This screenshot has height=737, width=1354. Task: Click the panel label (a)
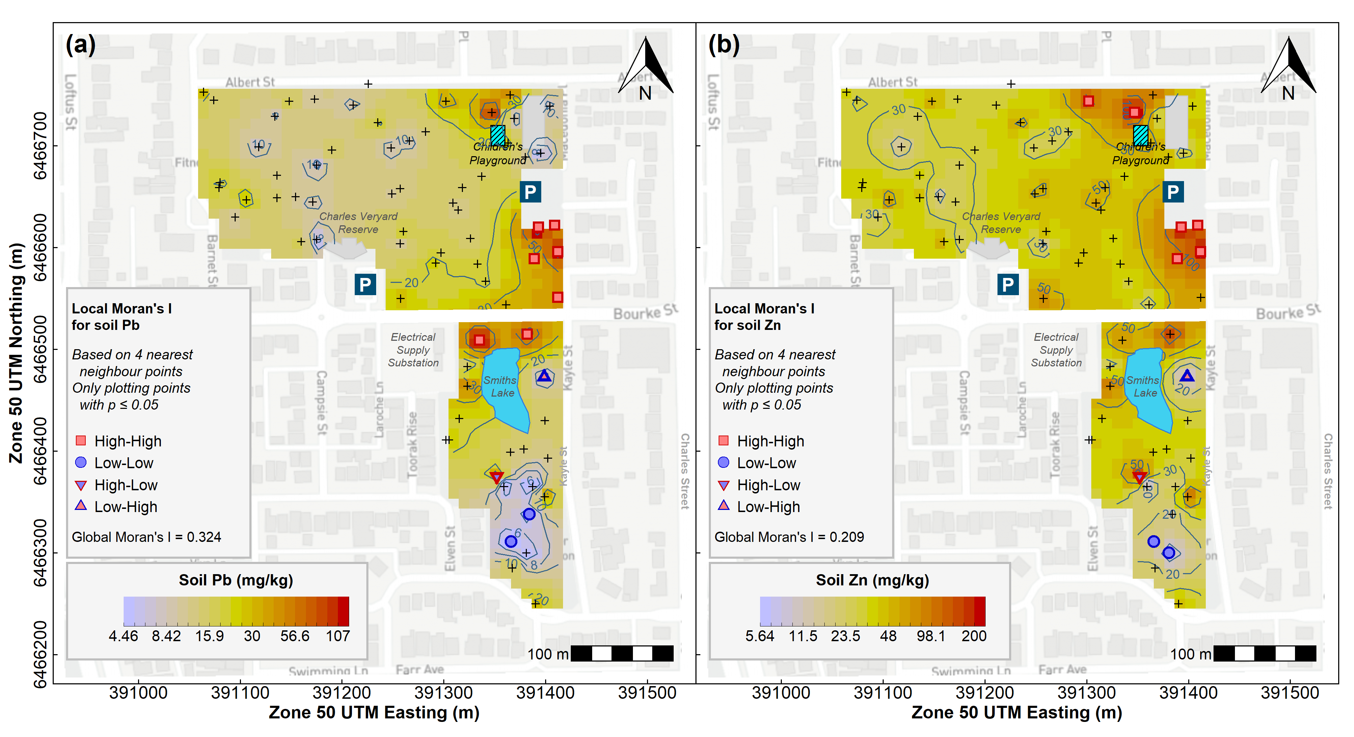coord(80,44)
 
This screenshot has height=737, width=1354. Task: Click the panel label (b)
coord(724,44)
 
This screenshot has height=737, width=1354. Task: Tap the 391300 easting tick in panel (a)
coord(444,692)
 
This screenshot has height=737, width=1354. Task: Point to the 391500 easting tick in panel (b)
coord(1290,692)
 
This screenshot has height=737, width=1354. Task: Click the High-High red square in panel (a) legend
coord(81,441)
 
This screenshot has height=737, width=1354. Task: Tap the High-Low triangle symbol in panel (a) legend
coord(81,485)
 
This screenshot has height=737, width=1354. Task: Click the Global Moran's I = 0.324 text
coord(146,537)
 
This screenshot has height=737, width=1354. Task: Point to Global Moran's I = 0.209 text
coord(789,537)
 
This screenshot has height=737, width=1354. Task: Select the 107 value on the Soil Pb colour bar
coord(338,636)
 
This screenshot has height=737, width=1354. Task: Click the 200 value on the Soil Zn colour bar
coord(974,636)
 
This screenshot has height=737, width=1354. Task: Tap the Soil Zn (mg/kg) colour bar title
coord(872,580)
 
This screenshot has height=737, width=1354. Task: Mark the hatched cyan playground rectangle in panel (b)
coord(1140,135)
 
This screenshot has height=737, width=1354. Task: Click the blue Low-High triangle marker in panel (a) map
coord(544,376)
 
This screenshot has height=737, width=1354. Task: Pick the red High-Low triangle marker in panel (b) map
coord(1139,478)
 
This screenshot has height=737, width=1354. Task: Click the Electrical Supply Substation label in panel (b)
coord(1056,350)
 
